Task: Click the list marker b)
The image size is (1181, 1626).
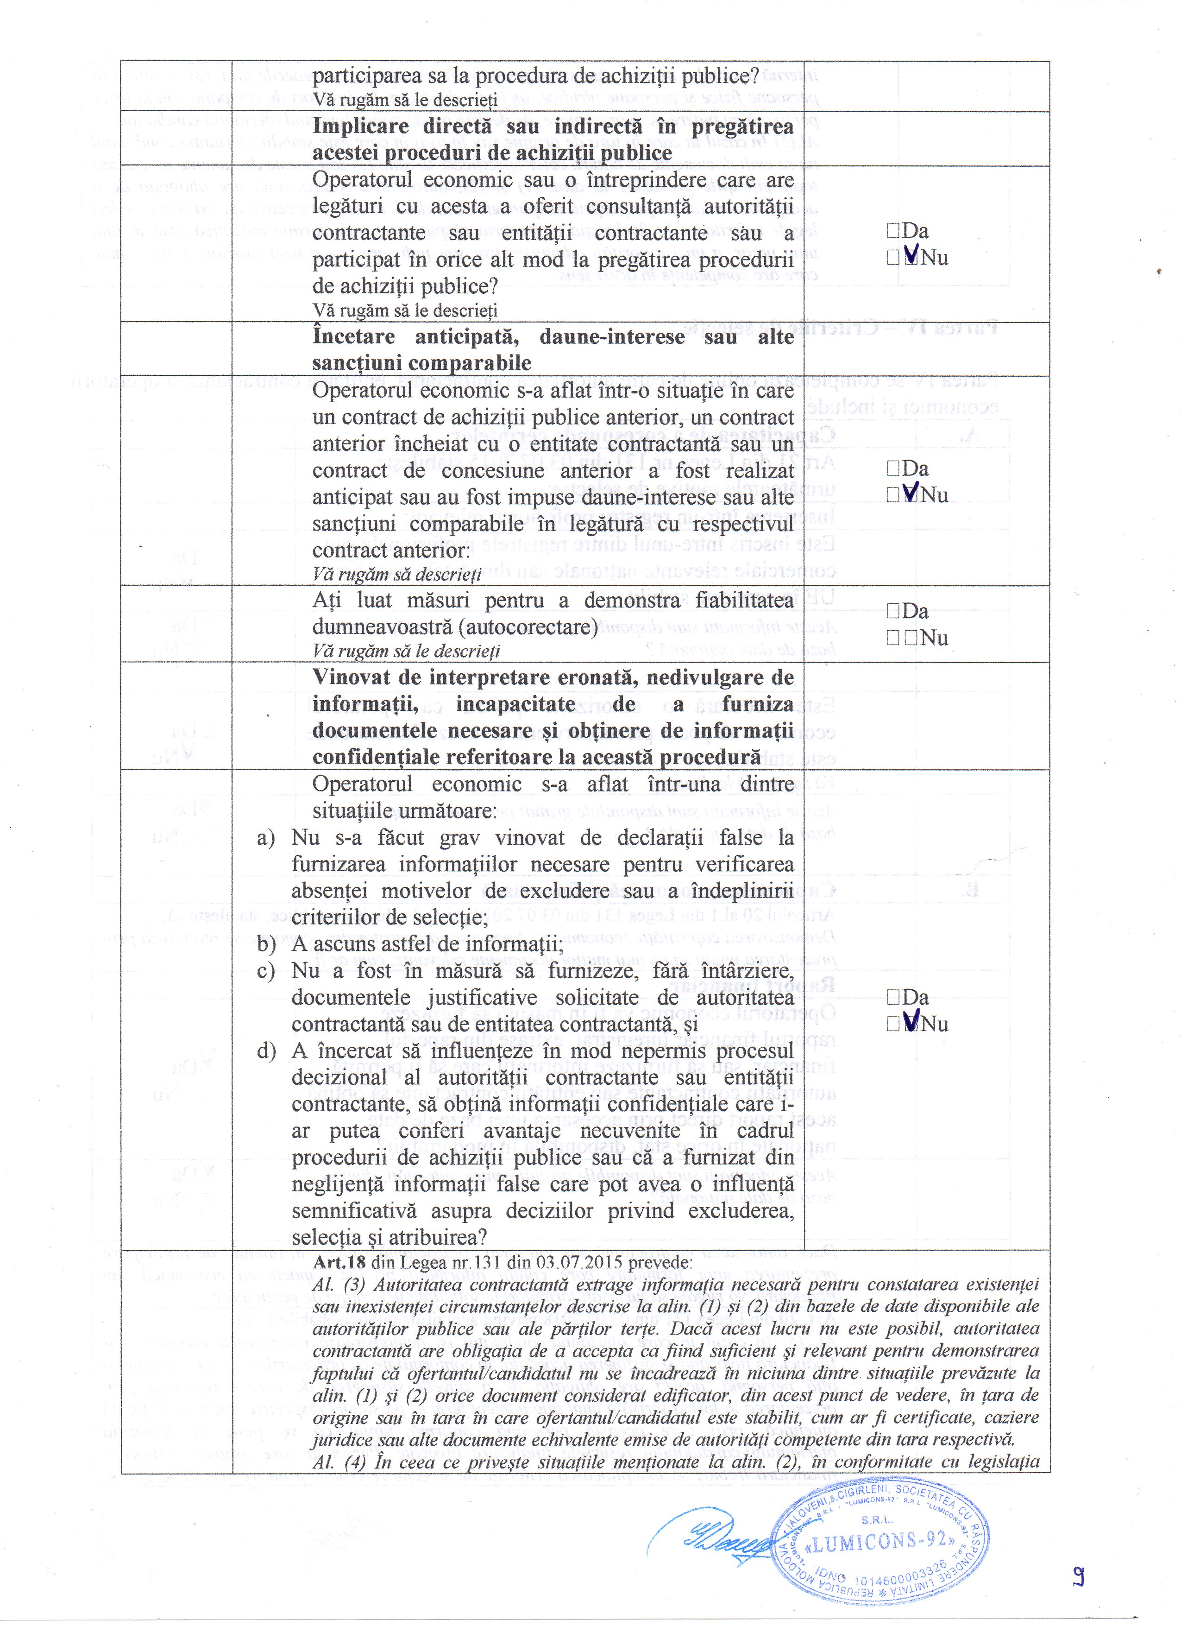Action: (x=266, y=944)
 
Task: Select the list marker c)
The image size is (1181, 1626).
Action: (x=265, y=971)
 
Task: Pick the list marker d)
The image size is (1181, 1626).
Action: (x=266, y=1051)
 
